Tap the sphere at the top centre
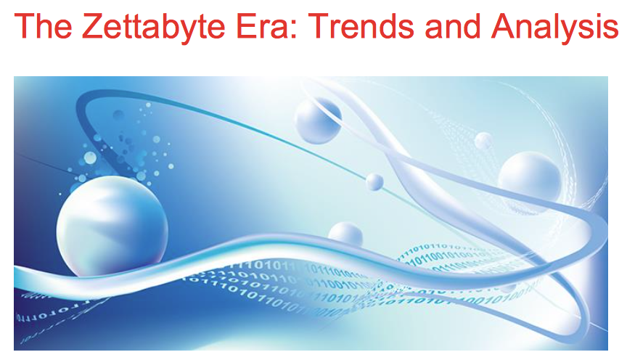(x=318, y=120)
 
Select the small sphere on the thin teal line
(x=374, y=181)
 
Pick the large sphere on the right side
(x=529, y=177)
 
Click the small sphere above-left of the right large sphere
(x=483, y=141)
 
